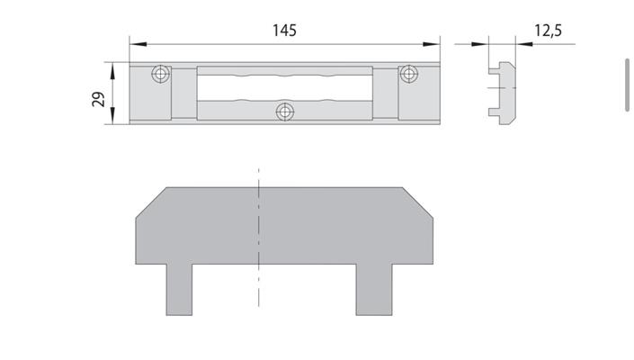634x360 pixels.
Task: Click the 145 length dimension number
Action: tap(284, 31)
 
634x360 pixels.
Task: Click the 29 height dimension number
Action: tap(98, 99)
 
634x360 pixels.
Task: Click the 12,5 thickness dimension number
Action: tap(548, 31)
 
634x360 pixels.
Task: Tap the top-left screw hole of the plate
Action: tap(160, 74)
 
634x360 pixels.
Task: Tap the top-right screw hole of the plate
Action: tap(409, 74)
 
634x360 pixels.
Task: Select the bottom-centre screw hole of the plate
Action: tap(285, 112)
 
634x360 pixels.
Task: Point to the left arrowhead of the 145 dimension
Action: tap(138, 44)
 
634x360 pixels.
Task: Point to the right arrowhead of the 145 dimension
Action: tap(432, 44)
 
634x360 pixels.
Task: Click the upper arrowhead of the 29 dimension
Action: tap(112, 70)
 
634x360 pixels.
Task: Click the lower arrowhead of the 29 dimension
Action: tap(112, 116)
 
